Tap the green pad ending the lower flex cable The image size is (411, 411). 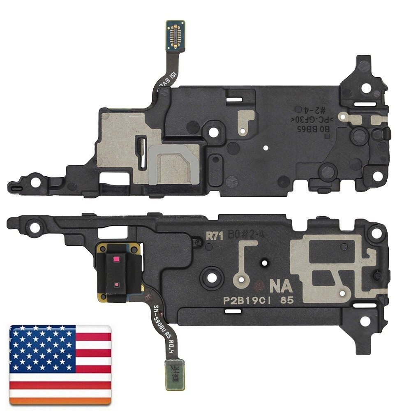click(x=175, y=374)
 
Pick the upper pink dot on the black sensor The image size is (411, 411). click(x=116, y=260)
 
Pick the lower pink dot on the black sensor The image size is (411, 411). click(x=117, y=284)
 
